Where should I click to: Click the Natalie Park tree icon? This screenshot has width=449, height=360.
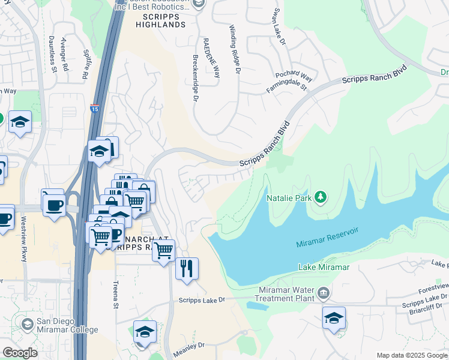[321, 197]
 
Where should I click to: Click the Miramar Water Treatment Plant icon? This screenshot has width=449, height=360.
[324, 293]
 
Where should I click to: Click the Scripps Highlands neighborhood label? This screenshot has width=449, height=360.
[160, 20]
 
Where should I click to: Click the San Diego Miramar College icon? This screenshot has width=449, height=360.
[27, 324]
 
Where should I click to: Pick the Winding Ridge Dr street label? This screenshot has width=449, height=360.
[235, 49]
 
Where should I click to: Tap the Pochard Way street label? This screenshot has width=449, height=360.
[294, 76]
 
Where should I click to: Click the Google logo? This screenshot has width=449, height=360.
[20, 353]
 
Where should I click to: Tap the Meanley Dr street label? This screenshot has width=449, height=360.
[188, 346]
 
